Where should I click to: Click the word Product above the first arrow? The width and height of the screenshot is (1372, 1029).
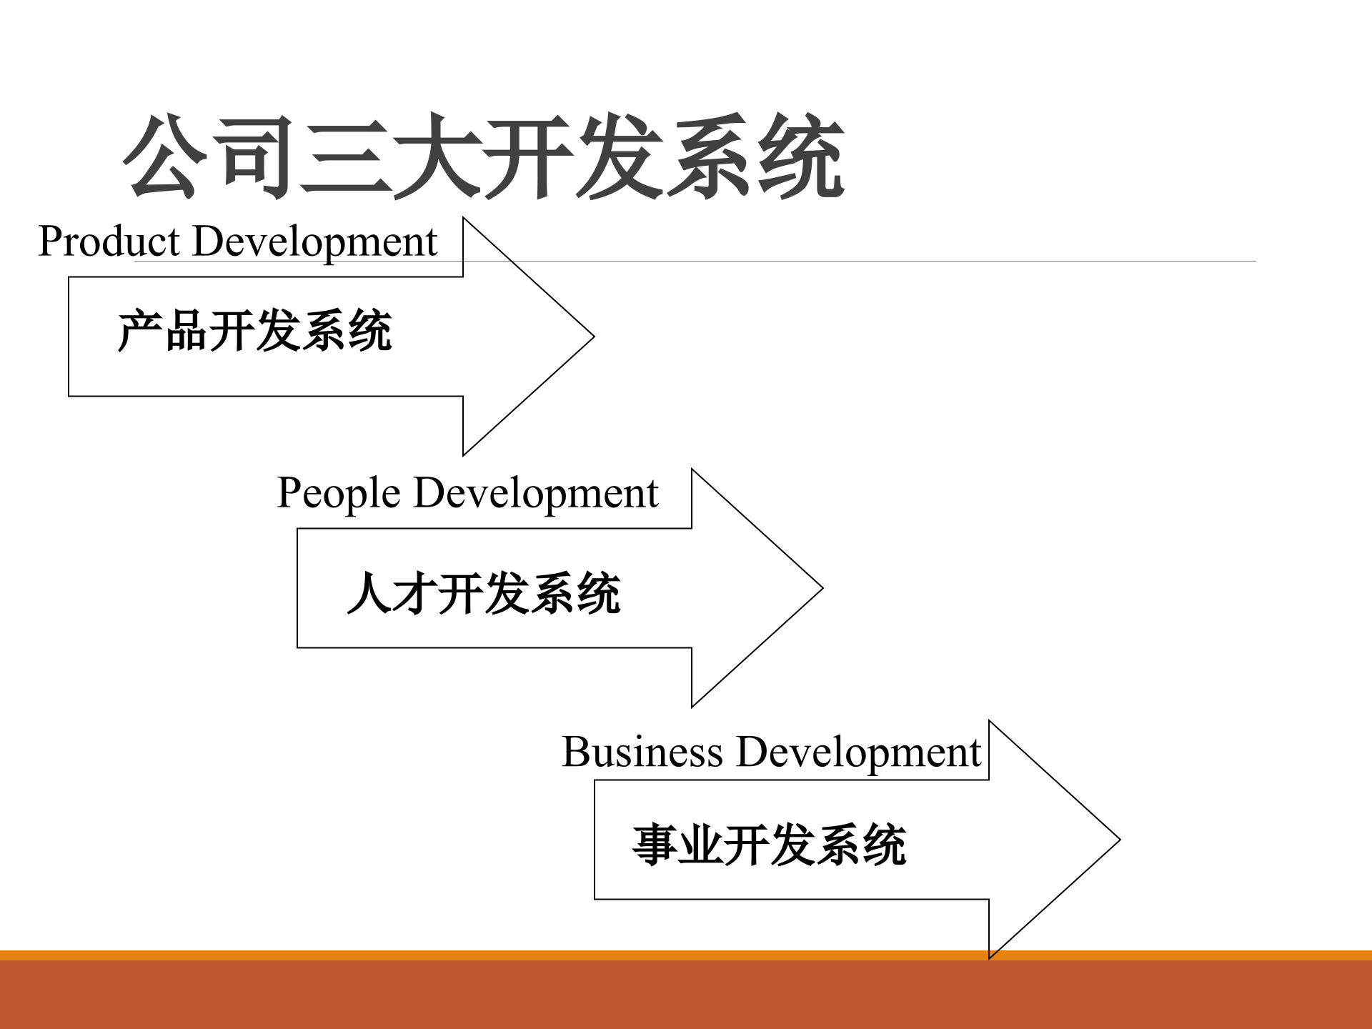[109, 242]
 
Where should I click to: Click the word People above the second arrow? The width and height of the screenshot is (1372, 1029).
[338, 493]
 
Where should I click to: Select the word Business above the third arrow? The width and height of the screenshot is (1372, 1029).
[642, 752]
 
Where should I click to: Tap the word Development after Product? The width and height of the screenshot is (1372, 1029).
[314, 242]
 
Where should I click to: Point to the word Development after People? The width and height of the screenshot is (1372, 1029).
[535, 493]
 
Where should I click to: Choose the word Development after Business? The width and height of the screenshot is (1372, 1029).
[858, 752]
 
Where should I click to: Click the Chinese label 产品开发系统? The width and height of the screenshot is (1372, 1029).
[254, 331]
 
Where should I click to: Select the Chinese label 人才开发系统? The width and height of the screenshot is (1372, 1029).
[484, 593]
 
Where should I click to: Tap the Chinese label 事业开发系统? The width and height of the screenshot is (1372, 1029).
[769, 845]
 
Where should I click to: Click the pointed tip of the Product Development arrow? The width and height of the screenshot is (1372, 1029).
[592, 337]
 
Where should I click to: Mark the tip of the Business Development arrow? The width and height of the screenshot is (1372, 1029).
[1118, 840]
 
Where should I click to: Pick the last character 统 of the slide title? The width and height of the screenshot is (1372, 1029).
[800, 157]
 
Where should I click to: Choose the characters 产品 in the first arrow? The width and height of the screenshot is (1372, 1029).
[163, 331]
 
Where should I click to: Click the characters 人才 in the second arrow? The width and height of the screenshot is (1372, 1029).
[392, 593]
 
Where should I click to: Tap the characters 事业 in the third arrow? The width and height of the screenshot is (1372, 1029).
[677, 845]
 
